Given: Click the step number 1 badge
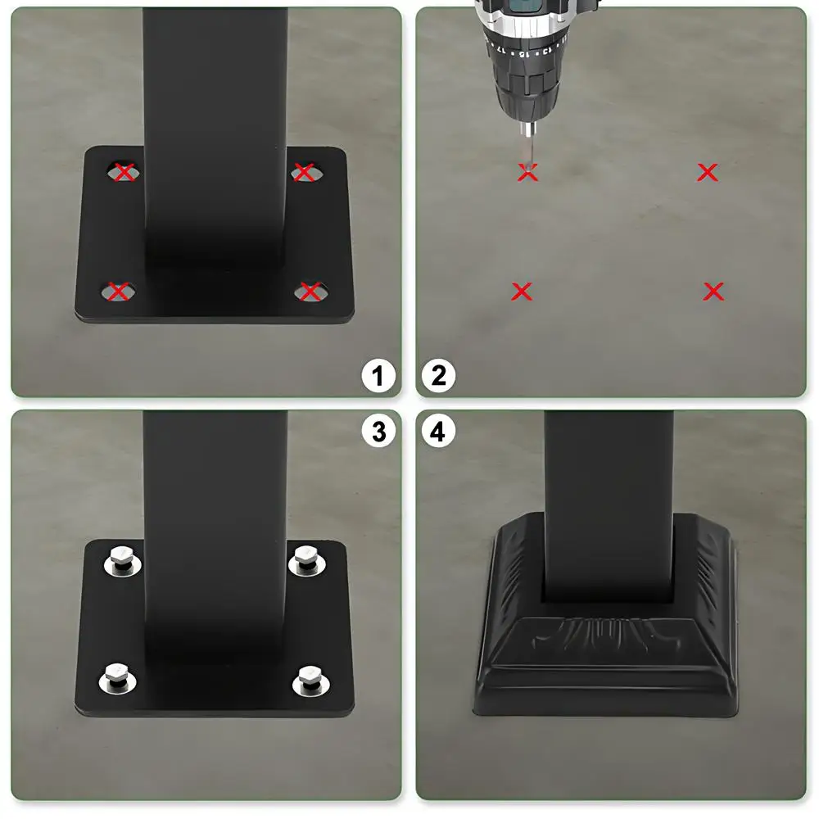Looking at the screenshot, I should point(378,377).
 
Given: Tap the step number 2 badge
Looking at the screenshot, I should point(438,377).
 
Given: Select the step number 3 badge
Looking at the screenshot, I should point(378,432).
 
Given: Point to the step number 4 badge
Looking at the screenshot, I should point(438,432).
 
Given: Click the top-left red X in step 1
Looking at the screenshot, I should point(124,173).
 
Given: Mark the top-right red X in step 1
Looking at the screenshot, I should point(304,173).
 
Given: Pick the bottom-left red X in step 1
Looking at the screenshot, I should point(120,291).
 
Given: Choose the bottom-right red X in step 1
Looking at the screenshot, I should point(310,291).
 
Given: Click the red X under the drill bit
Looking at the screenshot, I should point(527,173).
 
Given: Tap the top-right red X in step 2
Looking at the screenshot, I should point(708,172).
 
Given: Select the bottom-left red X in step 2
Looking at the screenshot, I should point(522,291).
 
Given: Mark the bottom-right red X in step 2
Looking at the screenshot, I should point(713,291).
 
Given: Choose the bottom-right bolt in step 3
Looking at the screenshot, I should point(310,677).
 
